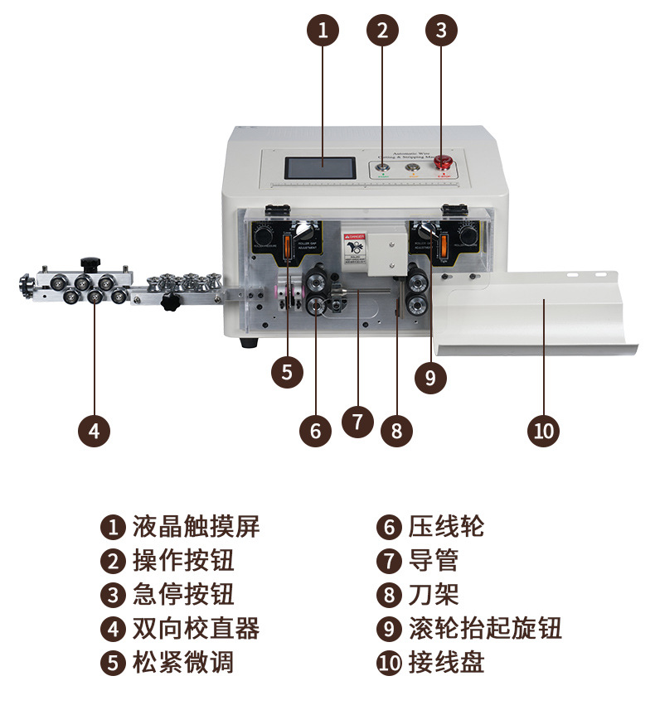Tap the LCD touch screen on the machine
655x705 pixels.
[x=322, y=167]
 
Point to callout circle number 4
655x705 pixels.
[x=94, y=430]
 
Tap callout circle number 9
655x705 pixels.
[x=429, y=377]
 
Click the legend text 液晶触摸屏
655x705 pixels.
[x=196, y=526]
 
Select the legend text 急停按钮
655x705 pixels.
[x=183, y=594]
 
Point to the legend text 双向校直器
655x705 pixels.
[x=196, y=628]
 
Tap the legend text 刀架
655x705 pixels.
[x=433, y=594]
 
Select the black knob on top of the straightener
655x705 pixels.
[x=89, y=264]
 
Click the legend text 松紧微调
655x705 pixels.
[x=183, y=662]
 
